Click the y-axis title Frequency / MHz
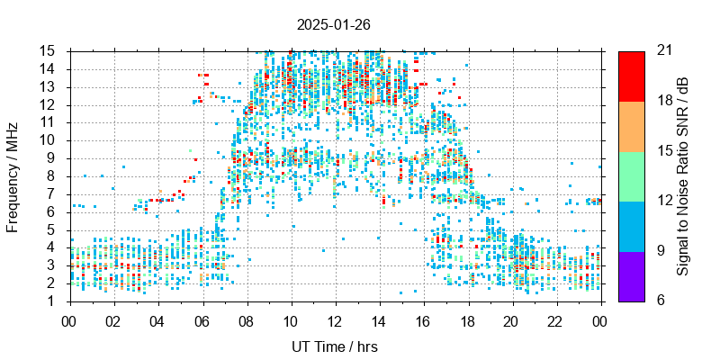(13, 175)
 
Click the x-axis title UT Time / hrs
(335, 346)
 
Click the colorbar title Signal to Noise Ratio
(684, 175)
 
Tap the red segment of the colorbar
(631, 76)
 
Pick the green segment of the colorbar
(631, 175)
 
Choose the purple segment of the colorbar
(631, 275)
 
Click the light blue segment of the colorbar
(631, 225)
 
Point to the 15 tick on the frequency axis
(52, 50)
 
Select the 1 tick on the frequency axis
(56, 301)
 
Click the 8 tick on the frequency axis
(56, 175)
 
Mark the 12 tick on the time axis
(335, 320)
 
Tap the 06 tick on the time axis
(202, 320)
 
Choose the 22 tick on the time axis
(556, 320)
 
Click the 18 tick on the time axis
(468, 320)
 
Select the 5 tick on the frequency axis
(56, 229)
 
